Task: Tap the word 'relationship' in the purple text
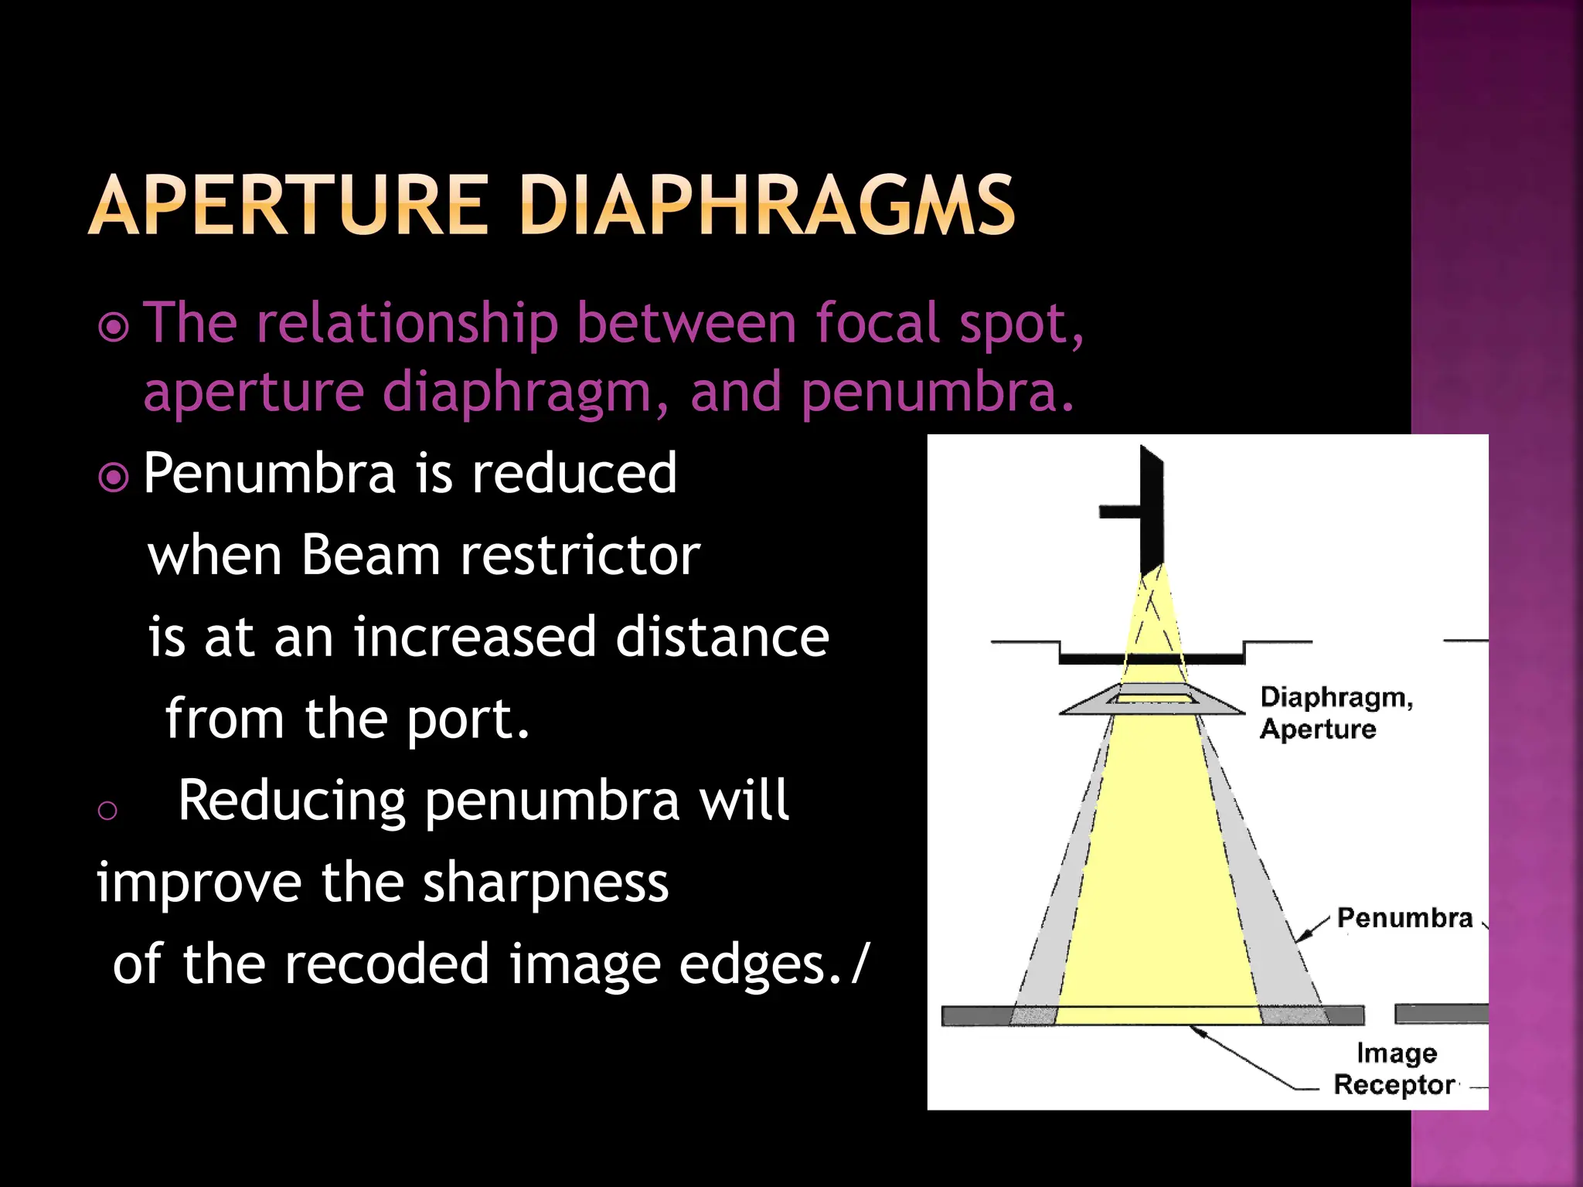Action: click(407, 323)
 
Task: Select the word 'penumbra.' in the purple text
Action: click(938, 393)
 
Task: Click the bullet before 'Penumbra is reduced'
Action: click(114, 478)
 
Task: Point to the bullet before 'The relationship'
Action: click(114, 328)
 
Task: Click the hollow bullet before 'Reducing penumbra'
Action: click(107, 810)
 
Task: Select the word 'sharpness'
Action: click(546, 883)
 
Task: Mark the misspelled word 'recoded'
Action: click(386, 964)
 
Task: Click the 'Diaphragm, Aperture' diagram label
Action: click(1335, 713)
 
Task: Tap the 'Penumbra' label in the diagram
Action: click(1404, 918)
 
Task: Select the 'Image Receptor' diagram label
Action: click(1395, 1069)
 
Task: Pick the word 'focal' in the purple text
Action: click(878, 323)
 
